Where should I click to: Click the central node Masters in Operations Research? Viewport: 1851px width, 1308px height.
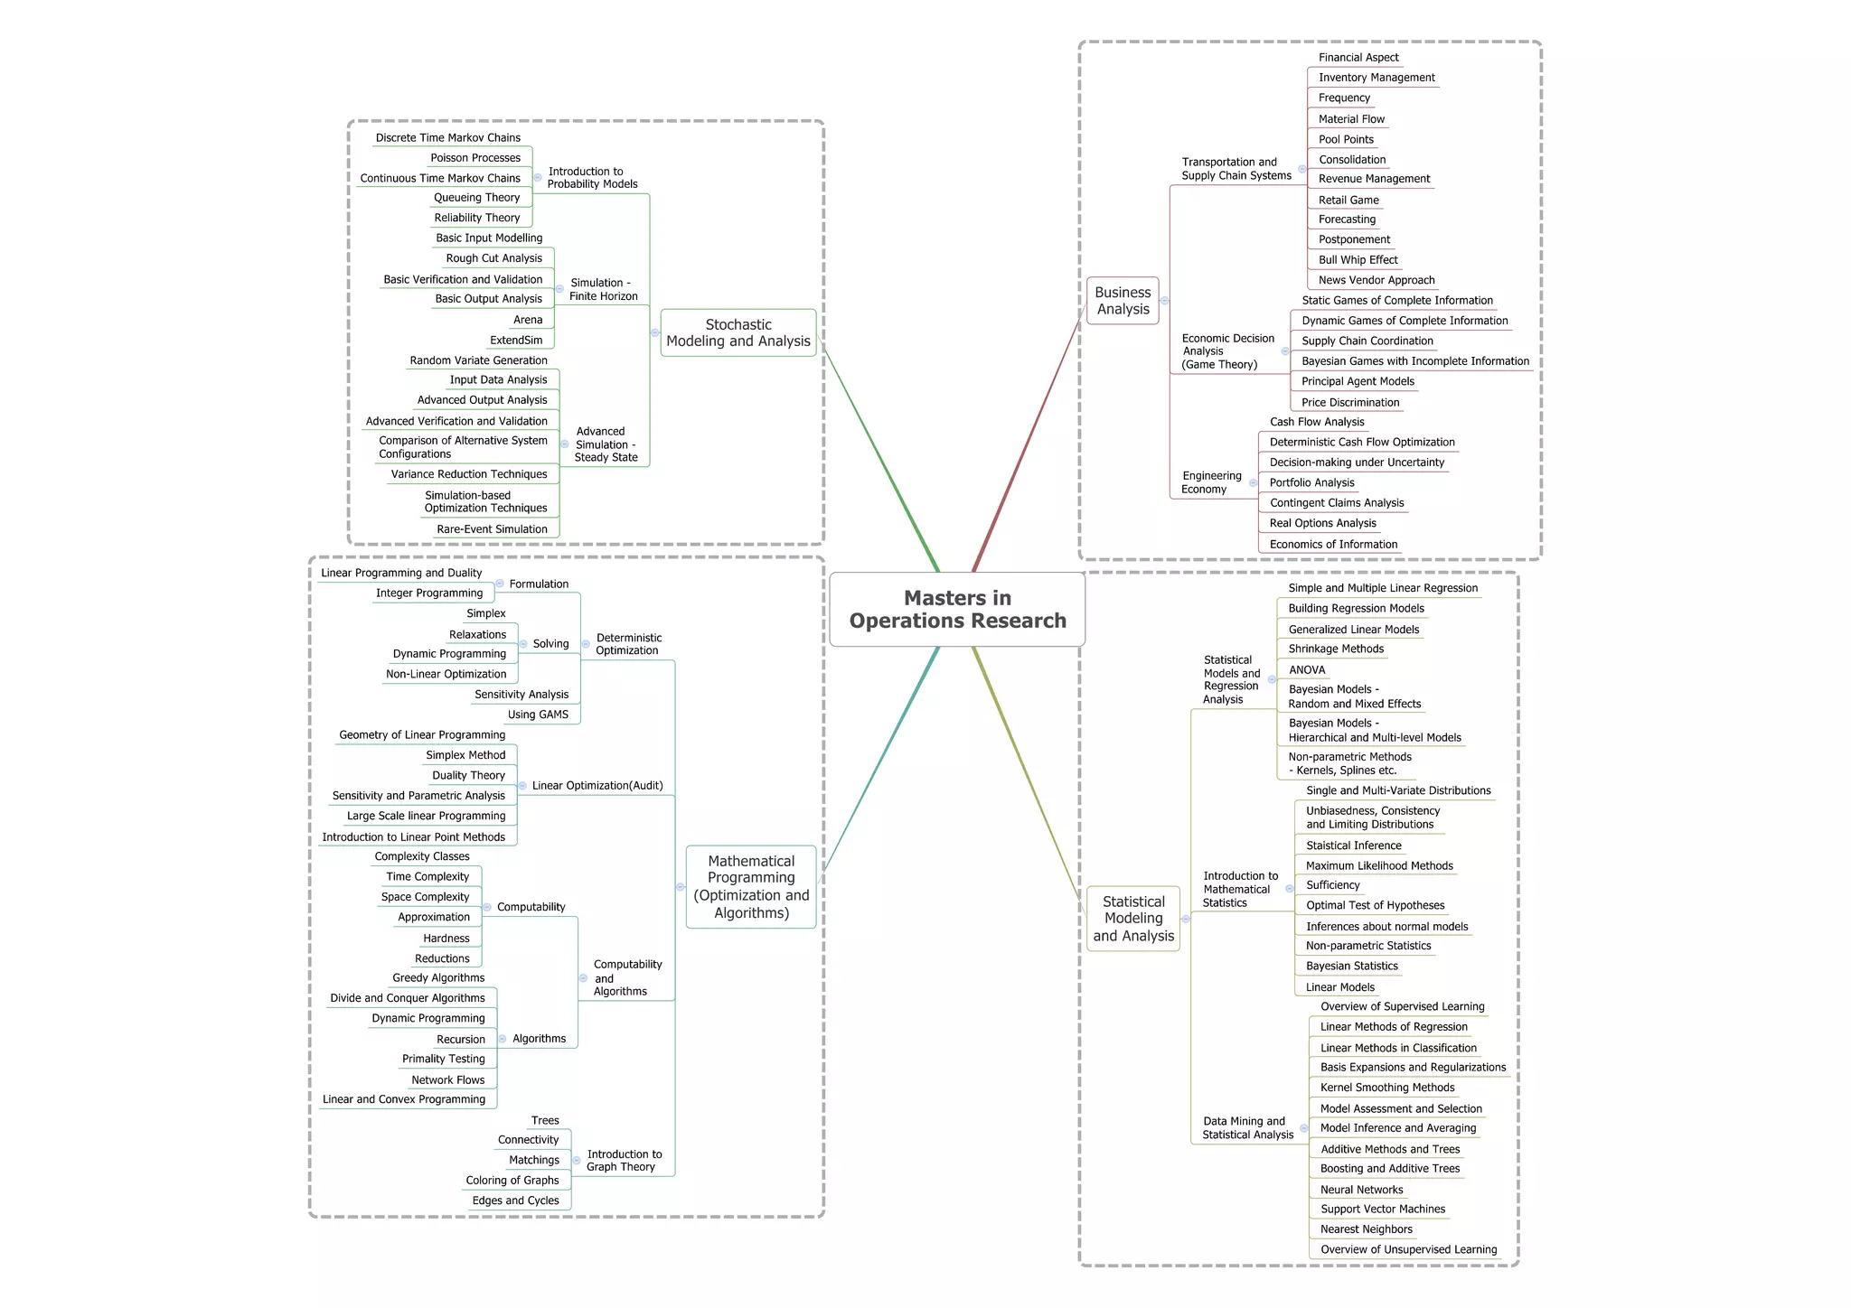click(x=957, y=610)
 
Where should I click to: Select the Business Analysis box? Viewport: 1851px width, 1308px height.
click(x=1123, y=301)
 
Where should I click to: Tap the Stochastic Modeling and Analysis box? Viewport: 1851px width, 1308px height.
click(x=738, y=332)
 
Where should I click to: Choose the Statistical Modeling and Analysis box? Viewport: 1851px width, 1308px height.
click(x=1133, y=919)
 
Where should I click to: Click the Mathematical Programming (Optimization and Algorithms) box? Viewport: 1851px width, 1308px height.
click(x=751, y=887)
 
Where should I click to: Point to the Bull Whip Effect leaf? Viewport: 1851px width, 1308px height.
click(x=1358, y=260)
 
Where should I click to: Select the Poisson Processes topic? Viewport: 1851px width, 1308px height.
click(x=475, y=158)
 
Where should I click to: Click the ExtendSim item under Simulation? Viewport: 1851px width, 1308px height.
click(x=516, y=341)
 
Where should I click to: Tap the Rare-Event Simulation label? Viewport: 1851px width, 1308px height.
click(x=492, y=529)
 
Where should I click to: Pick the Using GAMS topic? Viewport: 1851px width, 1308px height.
click(x=538, y=715)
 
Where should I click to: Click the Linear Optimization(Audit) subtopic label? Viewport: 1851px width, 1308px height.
click(x=597, y=786)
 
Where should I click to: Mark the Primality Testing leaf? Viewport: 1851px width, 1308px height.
click(x=444, y=1059)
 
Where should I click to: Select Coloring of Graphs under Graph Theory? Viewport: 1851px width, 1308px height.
click(x=512, y=1181)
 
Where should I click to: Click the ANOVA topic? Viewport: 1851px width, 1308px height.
click(x=1307, y=670)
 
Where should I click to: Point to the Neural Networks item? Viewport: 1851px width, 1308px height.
click(x=1361, y=1190)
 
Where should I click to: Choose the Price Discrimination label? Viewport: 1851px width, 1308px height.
click(x=1350, y=403)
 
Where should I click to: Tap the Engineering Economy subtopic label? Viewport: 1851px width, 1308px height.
click(x=1211, y=482)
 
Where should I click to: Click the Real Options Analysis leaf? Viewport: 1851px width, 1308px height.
click(x=1322, y=523)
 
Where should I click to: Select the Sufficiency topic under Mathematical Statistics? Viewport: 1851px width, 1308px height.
click(x=1332, y=885)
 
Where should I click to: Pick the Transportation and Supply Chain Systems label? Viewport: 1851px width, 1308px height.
click(x=1236, y=169)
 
